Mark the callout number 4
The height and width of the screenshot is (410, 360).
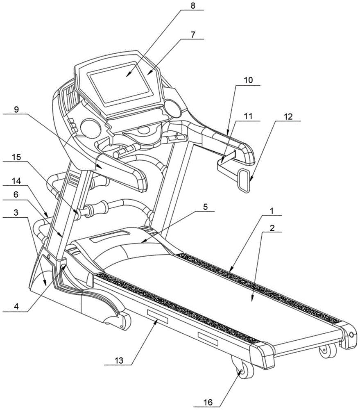point(16,305)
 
